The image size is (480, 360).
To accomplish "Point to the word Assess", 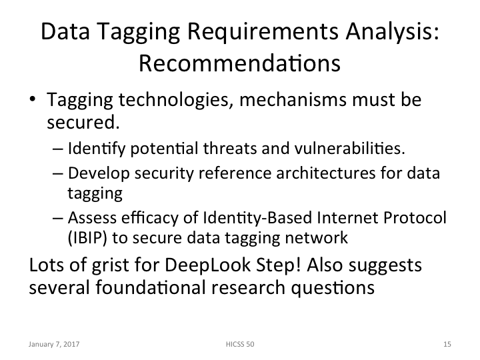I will [87, 219].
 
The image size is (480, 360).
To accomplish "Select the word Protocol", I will [411, 219].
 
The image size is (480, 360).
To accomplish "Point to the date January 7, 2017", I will [51, 345].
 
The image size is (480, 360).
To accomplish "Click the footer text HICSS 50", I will [239, 345].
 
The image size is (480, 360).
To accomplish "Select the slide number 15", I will [447, 345].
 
